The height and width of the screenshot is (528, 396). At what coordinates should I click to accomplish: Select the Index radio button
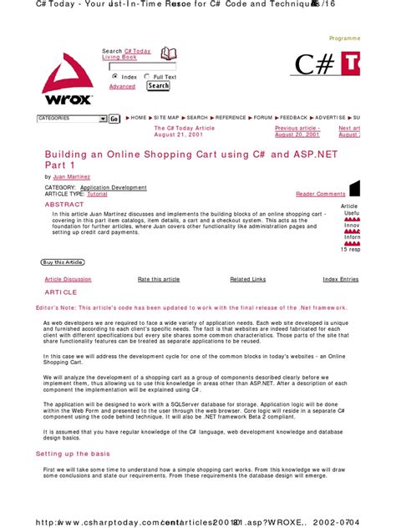pos(114,76)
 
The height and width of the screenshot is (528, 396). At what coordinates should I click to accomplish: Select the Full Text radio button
pos(148,76)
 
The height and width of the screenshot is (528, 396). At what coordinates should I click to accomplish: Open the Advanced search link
pos(122,87)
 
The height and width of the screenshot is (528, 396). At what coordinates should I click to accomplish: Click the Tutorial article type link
pos(109,194)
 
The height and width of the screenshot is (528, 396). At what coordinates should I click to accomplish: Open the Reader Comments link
pos(320,194)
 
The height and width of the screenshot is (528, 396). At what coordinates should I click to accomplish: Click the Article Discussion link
pos(68,279)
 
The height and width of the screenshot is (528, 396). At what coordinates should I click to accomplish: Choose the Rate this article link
pos(159,279)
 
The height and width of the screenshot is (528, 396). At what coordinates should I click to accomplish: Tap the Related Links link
pos(247,279)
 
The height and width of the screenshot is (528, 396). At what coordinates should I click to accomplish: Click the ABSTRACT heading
pos(64,204)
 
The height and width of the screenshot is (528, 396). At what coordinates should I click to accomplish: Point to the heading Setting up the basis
pos(73,453)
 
